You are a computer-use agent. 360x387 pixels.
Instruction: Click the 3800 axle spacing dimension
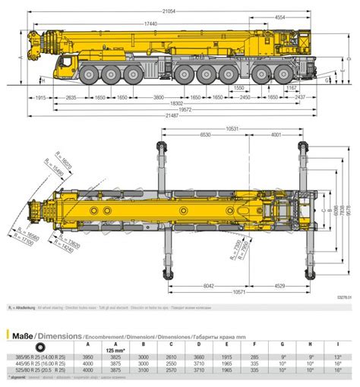pos(157,98)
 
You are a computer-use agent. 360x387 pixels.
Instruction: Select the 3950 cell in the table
pos(87,357)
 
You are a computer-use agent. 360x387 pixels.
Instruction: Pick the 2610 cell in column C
pos(172,357)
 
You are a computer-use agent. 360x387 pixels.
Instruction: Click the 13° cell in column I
pos(337,357)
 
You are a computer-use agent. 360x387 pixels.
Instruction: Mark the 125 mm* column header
pos(115,350)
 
